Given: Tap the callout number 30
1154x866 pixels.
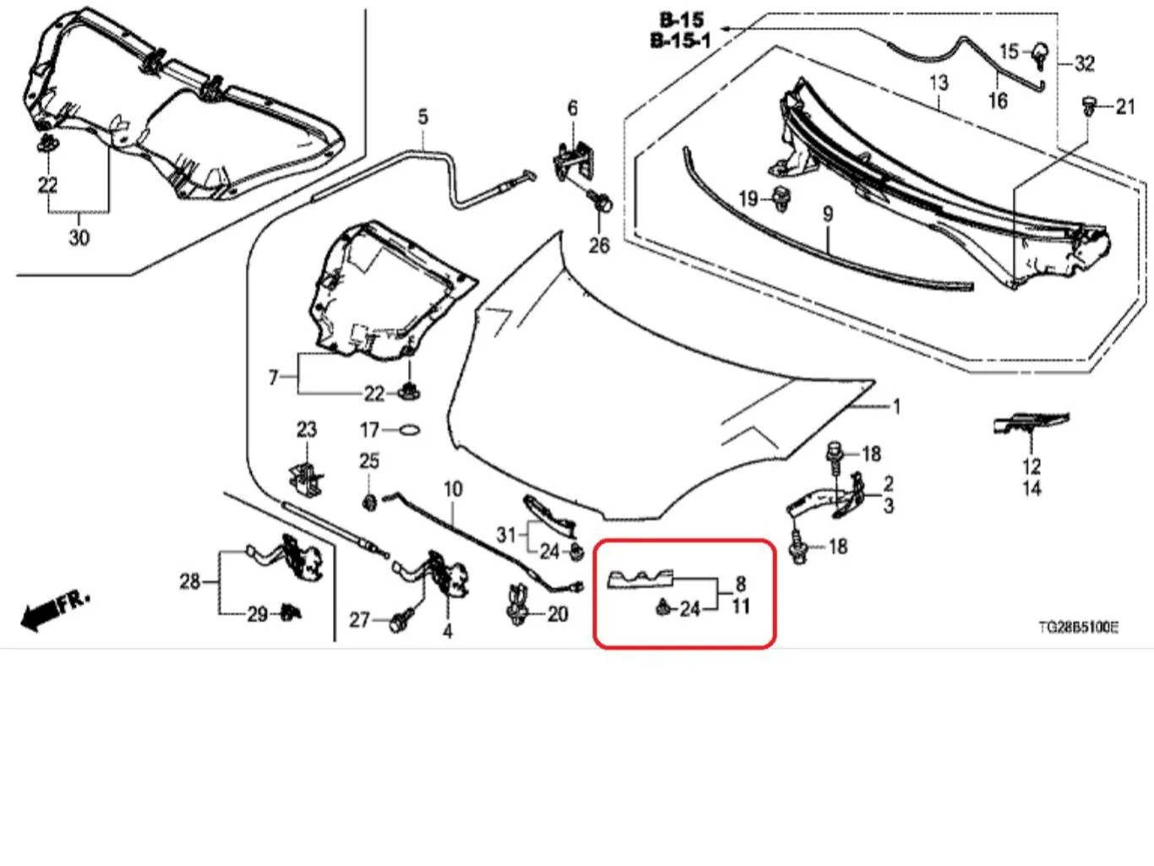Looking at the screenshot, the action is (x=79, y=238).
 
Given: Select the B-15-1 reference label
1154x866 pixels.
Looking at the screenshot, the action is (x=681, y=41).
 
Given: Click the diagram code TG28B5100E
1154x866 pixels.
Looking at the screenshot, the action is (x=1079, y=627).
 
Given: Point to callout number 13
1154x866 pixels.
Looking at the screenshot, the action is (x=939, y=83).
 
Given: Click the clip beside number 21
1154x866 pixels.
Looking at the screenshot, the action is (x=1089, y=106).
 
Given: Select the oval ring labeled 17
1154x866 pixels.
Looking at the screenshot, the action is (x=410, y=430).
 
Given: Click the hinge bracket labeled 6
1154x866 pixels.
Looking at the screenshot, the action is (x=574, y=160).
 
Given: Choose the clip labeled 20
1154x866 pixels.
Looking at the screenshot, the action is (x=518, y=607).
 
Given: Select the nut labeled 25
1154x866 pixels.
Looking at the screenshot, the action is (x=369, y=504).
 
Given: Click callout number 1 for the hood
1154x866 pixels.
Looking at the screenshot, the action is (x=896, y=407).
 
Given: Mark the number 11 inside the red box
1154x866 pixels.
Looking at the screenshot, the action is (x=741, y=607).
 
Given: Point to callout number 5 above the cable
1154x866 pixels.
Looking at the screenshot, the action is (x=423, y=117).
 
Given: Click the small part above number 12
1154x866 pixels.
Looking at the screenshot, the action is (x=1031, y=422).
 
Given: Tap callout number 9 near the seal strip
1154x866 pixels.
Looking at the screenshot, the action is (x=828, y=215).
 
